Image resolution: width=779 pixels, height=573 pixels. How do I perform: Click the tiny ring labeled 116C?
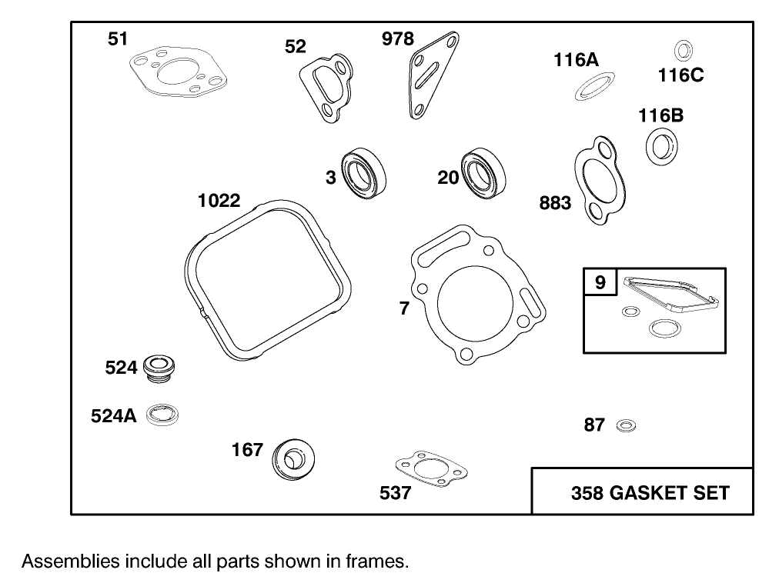pyautogui.click(x=682, y=51)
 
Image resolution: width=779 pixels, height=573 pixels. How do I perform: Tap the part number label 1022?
pyautogui.click(x=219, y=201)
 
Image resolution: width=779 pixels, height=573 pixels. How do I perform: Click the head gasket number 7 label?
pyautogui.click(x=404, y=308)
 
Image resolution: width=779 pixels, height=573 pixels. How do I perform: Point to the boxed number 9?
pyautogui.click(x=600, y=282)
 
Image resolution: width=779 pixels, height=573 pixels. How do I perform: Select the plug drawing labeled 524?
pyautogui.click(x=159, y=368)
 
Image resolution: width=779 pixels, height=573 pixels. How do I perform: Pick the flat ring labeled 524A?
pyautogui.click(x=163, y=415)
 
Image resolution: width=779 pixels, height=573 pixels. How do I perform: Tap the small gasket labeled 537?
pyautogui.click(x=431, y=468)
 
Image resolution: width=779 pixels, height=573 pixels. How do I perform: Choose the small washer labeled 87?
pyautogui.click(x=626, y=425)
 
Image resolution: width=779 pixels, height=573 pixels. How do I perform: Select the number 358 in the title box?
pyautogui.click(x=587, y=492)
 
